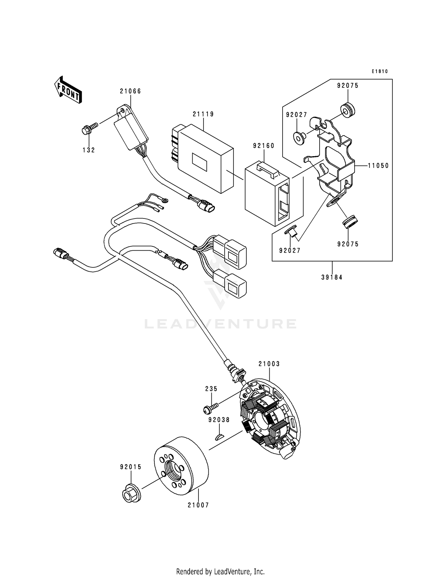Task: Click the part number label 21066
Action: (130, 91)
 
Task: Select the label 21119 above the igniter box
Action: (203, 114)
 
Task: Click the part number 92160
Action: (264, 146)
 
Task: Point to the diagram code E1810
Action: (380, 71)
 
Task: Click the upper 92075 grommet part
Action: (348, 109)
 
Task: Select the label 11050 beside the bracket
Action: (379, 166)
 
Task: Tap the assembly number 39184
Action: (332, 277)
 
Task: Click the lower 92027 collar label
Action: (290, 250)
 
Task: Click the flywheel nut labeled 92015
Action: (131, 493)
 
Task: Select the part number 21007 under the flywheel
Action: (198, 505)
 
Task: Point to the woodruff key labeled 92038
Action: (219, 437)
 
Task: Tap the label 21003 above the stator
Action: (269, 364)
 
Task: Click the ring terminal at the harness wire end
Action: (165, 201)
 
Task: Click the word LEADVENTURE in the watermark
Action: (220, 324)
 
